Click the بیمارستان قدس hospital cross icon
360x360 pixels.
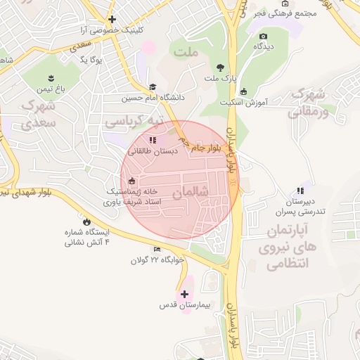tap(185, 295)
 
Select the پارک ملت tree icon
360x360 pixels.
tap(221, 68)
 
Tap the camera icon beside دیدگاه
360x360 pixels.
tap(263, 36)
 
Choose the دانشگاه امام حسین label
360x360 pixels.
tap(152, 98)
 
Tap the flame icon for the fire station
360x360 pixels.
tap(86, 221)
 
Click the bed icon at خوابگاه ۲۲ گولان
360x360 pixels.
tap(157, 249)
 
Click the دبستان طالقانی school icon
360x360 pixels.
tap(153, 140)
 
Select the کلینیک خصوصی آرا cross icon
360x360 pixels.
tap(111, 19)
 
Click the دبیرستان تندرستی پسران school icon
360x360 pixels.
tap(300, 191)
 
